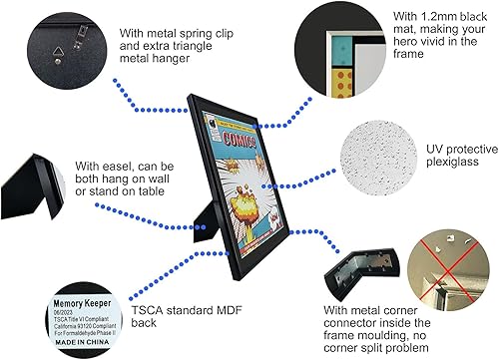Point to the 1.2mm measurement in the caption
[x=406, y=16]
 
